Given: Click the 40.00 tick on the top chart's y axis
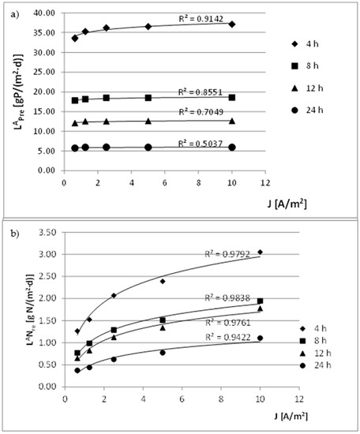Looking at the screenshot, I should [47, 13].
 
